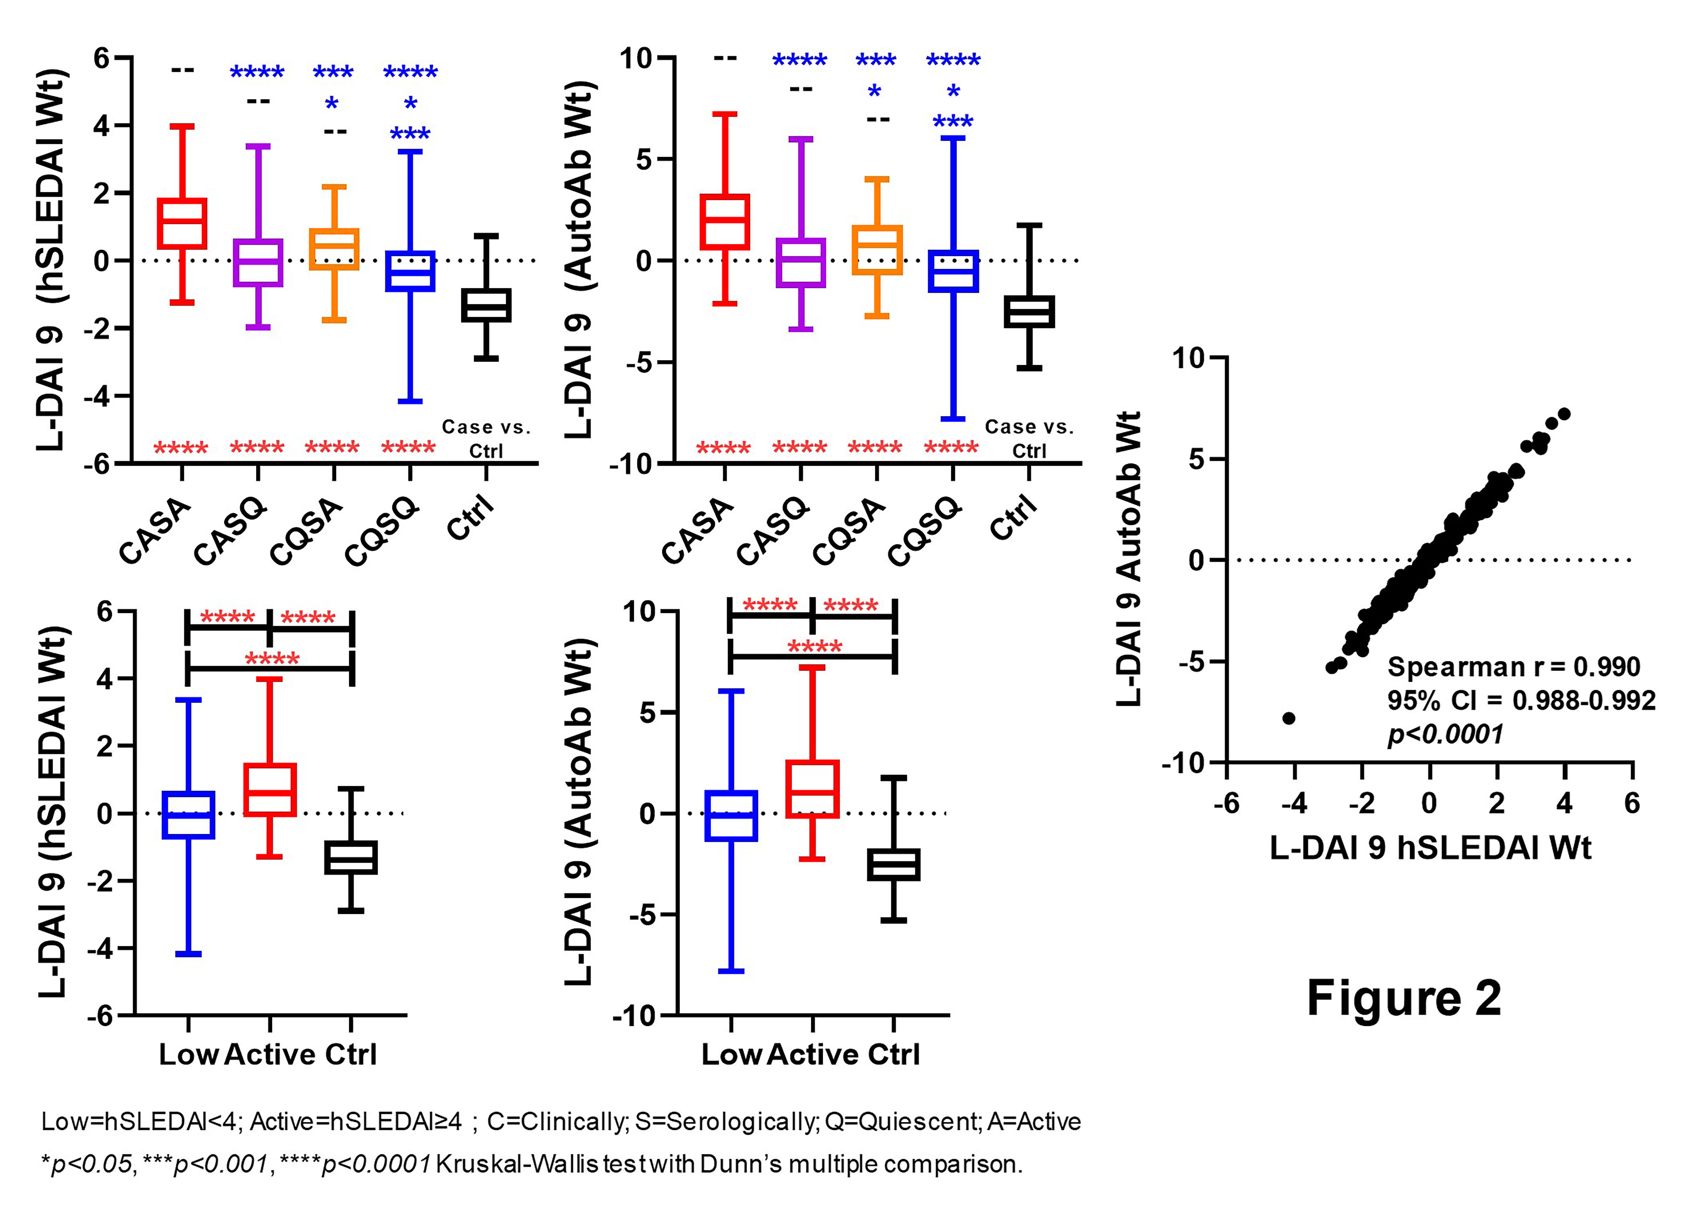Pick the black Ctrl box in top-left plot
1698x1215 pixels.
coord(486,305)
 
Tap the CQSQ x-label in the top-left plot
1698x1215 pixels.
coord(382,531)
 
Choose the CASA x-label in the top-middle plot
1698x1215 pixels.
coord(698,531)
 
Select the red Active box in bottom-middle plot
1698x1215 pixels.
coord(812,789)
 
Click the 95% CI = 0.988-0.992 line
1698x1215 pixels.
coord(1521,700)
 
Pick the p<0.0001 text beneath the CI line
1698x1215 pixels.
coord(1444,734)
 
